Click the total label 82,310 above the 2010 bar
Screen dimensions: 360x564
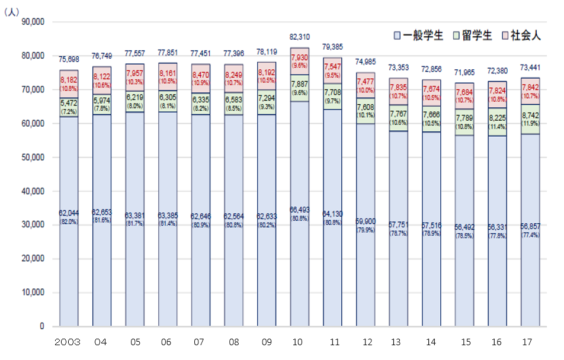(x=299, y=37)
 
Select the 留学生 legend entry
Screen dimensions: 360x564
(x=472, y=36)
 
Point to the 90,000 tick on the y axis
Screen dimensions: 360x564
(x=33, y=22)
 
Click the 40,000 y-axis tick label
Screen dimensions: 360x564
(x=33, y=191)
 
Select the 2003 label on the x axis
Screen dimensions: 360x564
(x=68, y=343)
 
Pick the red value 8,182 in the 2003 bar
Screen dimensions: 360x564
(x=69, y=79)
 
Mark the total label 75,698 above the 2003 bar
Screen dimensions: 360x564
(x=69, y=59)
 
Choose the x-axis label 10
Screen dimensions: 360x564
(x=299, y=343)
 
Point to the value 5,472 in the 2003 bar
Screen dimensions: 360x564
(x=69, y=102)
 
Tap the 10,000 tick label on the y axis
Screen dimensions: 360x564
(x=33, y=292)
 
